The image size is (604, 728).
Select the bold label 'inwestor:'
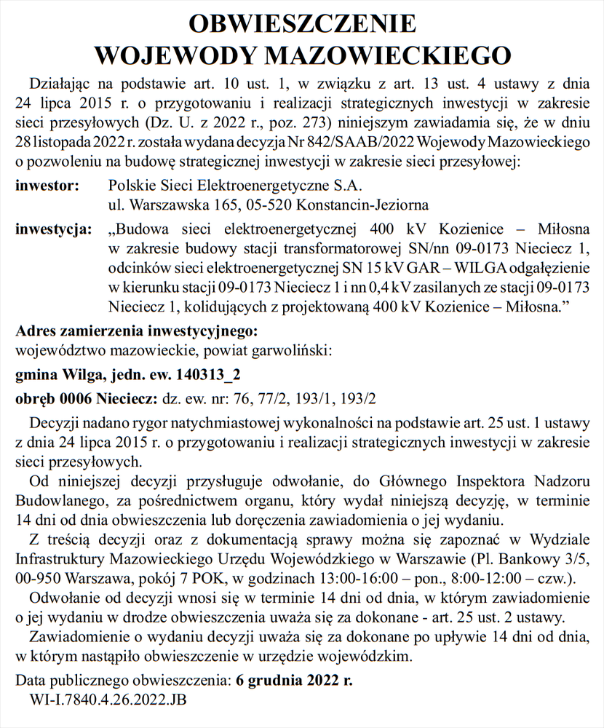[x=47, y=186]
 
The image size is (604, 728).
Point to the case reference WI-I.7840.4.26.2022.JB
[x=108, y=702]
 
